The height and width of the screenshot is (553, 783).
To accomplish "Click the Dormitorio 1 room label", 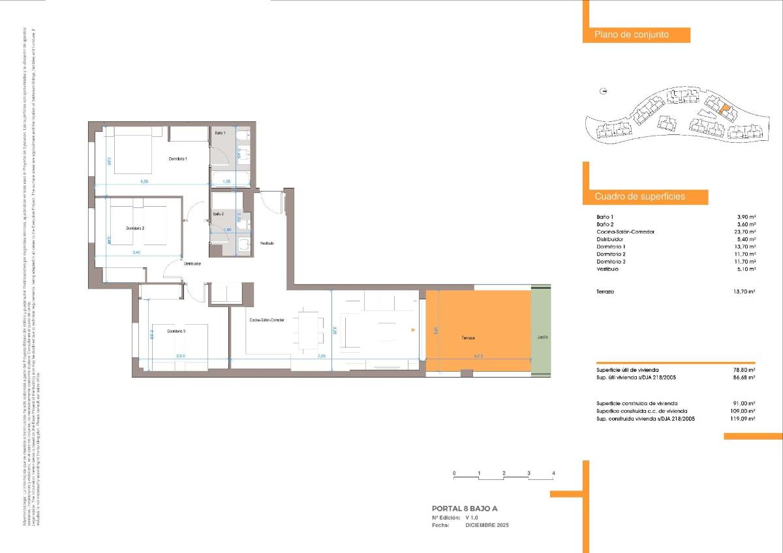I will (x=178, y=159).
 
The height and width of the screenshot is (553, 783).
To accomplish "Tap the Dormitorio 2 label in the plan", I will (x=135, y=228).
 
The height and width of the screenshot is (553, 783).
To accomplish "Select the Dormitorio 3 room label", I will (x=176, y=331).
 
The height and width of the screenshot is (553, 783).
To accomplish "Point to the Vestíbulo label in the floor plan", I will (x=267, y=243).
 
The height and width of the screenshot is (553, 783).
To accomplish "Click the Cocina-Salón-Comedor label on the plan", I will (x=267, y=320).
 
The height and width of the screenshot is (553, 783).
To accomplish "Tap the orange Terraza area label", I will (x=468, y=338).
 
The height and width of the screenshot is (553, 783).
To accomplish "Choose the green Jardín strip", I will (x=542, y=337).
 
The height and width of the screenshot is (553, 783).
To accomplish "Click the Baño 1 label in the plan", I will (x=220, y=133).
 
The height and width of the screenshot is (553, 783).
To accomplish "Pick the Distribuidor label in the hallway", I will (x=192, y=264).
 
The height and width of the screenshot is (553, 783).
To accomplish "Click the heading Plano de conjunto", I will (x=631, y=35).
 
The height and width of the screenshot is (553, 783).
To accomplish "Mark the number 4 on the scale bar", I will (x=553, y=473).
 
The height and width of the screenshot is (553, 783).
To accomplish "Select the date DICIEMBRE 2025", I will (x=486, y=525).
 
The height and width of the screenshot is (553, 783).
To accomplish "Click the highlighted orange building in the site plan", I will (x=721, y=110).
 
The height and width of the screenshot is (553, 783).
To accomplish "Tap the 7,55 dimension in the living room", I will (x=322, y=356).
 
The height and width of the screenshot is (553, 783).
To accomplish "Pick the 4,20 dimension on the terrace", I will (x=478, y=356).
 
